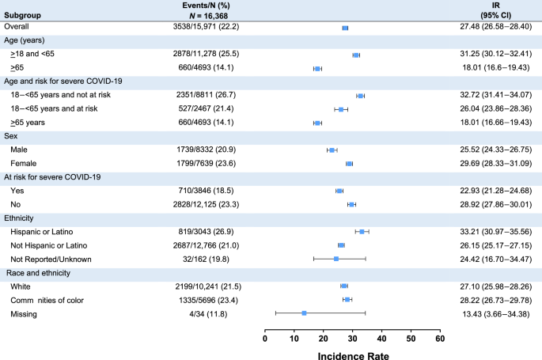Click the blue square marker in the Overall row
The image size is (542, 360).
point(345,28)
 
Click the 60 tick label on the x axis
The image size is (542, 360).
point(440,338)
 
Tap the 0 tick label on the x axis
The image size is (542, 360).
point(265,338)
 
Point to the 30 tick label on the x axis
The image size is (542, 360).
point(353,338)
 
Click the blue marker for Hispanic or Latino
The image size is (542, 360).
point(362,232)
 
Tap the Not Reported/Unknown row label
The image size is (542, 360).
point(51,259)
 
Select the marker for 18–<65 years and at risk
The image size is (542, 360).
point(341,109)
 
